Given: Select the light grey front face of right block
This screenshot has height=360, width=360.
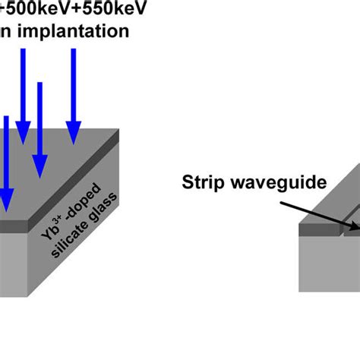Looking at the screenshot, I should [x=327, y=266].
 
